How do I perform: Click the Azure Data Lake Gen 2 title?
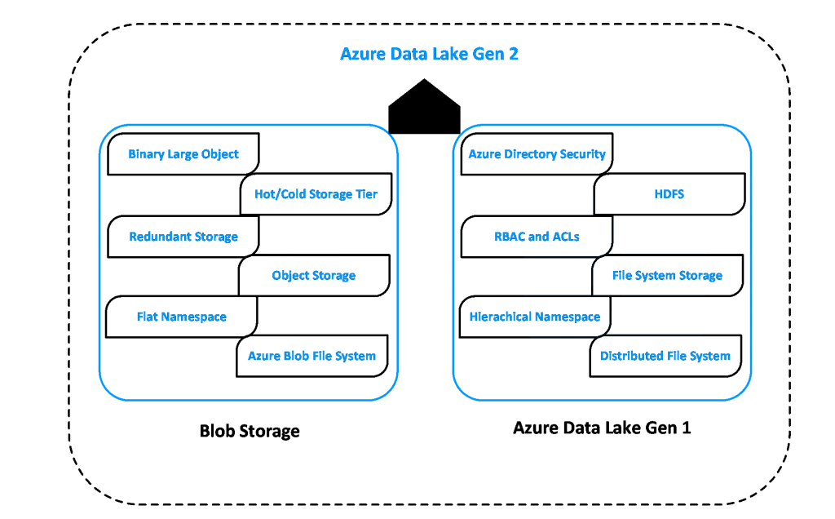click(x=429, y=55)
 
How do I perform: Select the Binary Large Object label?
click(x=183, y=154)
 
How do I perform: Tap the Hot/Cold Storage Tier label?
click(x=316, y=194)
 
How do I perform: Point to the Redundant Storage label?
click(x=183, y=237)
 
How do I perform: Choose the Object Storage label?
click(x=314, y=276)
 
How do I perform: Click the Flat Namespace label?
click(x=181, y=317)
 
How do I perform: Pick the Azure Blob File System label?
click(x=311, y=356)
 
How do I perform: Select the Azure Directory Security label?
click(x=537, y=154)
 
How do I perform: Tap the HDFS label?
click(x=669, y=194)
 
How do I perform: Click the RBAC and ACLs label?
click(x=537, y=237)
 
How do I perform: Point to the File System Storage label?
click(x=667, y=276)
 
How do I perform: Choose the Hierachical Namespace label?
click(x=534, y=317)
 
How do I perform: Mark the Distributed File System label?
click(x=665, y=356)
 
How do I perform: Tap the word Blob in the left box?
click(x=299, y=356)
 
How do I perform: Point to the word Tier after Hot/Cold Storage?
click(x=365, y=194)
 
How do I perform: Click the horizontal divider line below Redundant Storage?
click(x=179, y=255)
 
